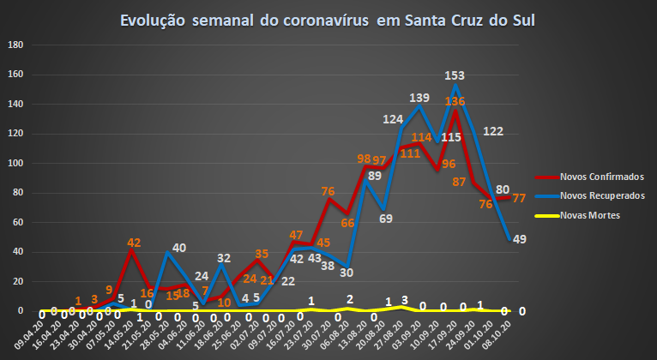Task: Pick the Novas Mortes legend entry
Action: tap(593, 215)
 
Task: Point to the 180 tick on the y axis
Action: tap(16, 45)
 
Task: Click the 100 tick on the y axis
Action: tap(16, 164)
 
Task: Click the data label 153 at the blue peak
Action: tap(455, 76)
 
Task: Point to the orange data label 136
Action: tap(455, 101)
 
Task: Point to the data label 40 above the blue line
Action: tap(179, 249)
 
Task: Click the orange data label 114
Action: tap(421, 137)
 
